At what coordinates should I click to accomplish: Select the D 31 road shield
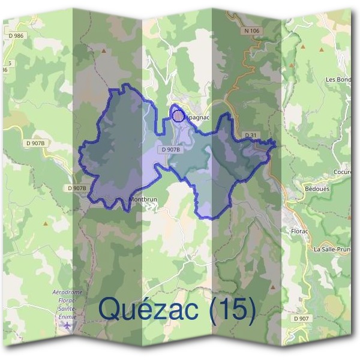251,136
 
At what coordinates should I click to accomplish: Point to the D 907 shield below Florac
302,318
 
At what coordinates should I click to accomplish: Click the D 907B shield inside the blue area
171,149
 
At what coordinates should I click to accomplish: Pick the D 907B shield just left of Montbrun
77,188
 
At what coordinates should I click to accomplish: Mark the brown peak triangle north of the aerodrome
46,223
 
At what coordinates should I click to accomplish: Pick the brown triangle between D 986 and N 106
106,51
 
